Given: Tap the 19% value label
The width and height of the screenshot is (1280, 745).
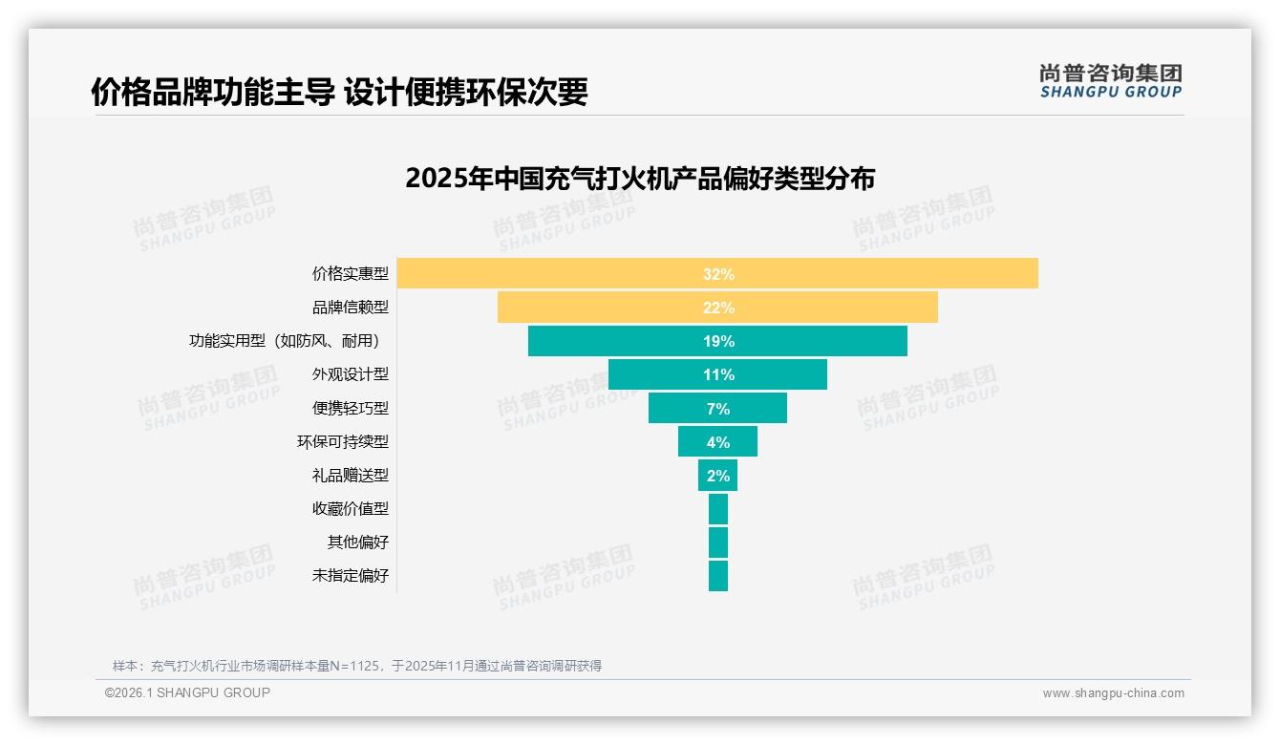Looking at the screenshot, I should coord(718,341).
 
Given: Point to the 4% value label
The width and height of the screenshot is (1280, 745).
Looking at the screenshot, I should coord(718,442).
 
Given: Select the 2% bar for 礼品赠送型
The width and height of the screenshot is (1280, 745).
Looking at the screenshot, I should coord(717,476).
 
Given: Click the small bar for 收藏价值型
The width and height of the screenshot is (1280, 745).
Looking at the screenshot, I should coord(718,509).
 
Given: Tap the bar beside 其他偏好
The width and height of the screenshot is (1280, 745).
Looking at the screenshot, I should coord(718,543).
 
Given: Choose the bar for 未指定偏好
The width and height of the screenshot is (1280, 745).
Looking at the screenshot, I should coord(718,576).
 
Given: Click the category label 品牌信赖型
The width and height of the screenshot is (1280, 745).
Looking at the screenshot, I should coord(351,308).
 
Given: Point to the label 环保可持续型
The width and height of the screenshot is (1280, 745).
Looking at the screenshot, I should coord(343,442).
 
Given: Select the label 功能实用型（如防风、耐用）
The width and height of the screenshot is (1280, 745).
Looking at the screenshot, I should coord(288,341).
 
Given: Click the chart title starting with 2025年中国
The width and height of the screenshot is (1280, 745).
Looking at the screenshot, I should coord(640,179).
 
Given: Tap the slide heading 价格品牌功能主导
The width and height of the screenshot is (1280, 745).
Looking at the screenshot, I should coord(339,92).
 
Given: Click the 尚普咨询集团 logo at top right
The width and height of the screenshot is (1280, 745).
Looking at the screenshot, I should coord(1111,81).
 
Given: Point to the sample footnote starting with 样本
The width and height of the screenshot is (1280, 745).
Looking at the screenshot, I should coord(357,666).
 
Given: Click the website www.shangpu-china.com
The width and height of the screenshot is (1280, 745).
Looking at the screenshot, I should coord(1113,693).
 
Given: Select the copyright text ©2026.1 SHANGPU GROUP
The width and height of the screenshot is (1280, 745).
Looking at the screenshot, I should coord(187,692).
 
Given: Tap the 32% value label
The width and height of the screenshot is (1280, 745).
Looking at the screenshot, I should coord(718,274).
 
